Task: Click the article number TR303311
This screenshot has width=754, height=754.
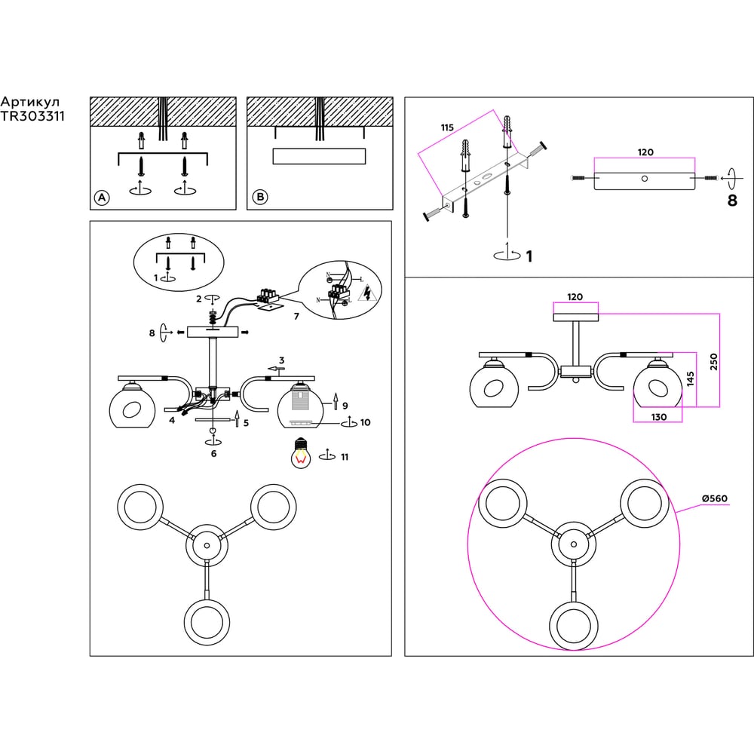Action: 32,117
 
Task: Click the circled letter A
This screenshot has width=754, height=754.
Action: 101,198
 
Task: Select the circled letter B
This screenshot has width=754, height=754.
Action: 259,198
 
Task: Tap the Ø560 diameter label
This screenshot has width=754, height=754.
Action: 713,498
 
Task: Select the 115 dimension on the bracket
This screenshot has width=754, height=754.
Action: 447,128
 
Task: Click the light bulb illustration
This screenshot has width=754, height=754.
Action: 302,454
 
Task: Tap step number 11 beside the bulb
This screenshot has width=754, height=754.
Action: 344,457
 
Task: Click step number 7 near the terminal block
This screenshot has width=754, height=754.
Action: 296,317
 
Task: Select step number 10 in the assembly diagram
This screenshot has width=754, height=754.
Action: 365,423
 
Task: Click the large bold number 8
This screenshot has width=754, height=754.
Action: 731,201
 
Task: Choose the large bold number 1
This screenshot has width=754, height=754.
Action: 529,256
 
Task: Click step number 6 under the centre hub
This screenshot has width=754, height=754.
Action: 213,453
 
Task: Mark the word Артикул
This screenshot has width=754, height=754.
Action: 30,102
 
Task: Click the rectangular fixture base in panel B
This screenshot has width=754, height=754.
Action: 319,156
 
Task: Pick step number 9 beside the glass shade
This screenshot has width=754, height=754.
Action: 345,406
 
